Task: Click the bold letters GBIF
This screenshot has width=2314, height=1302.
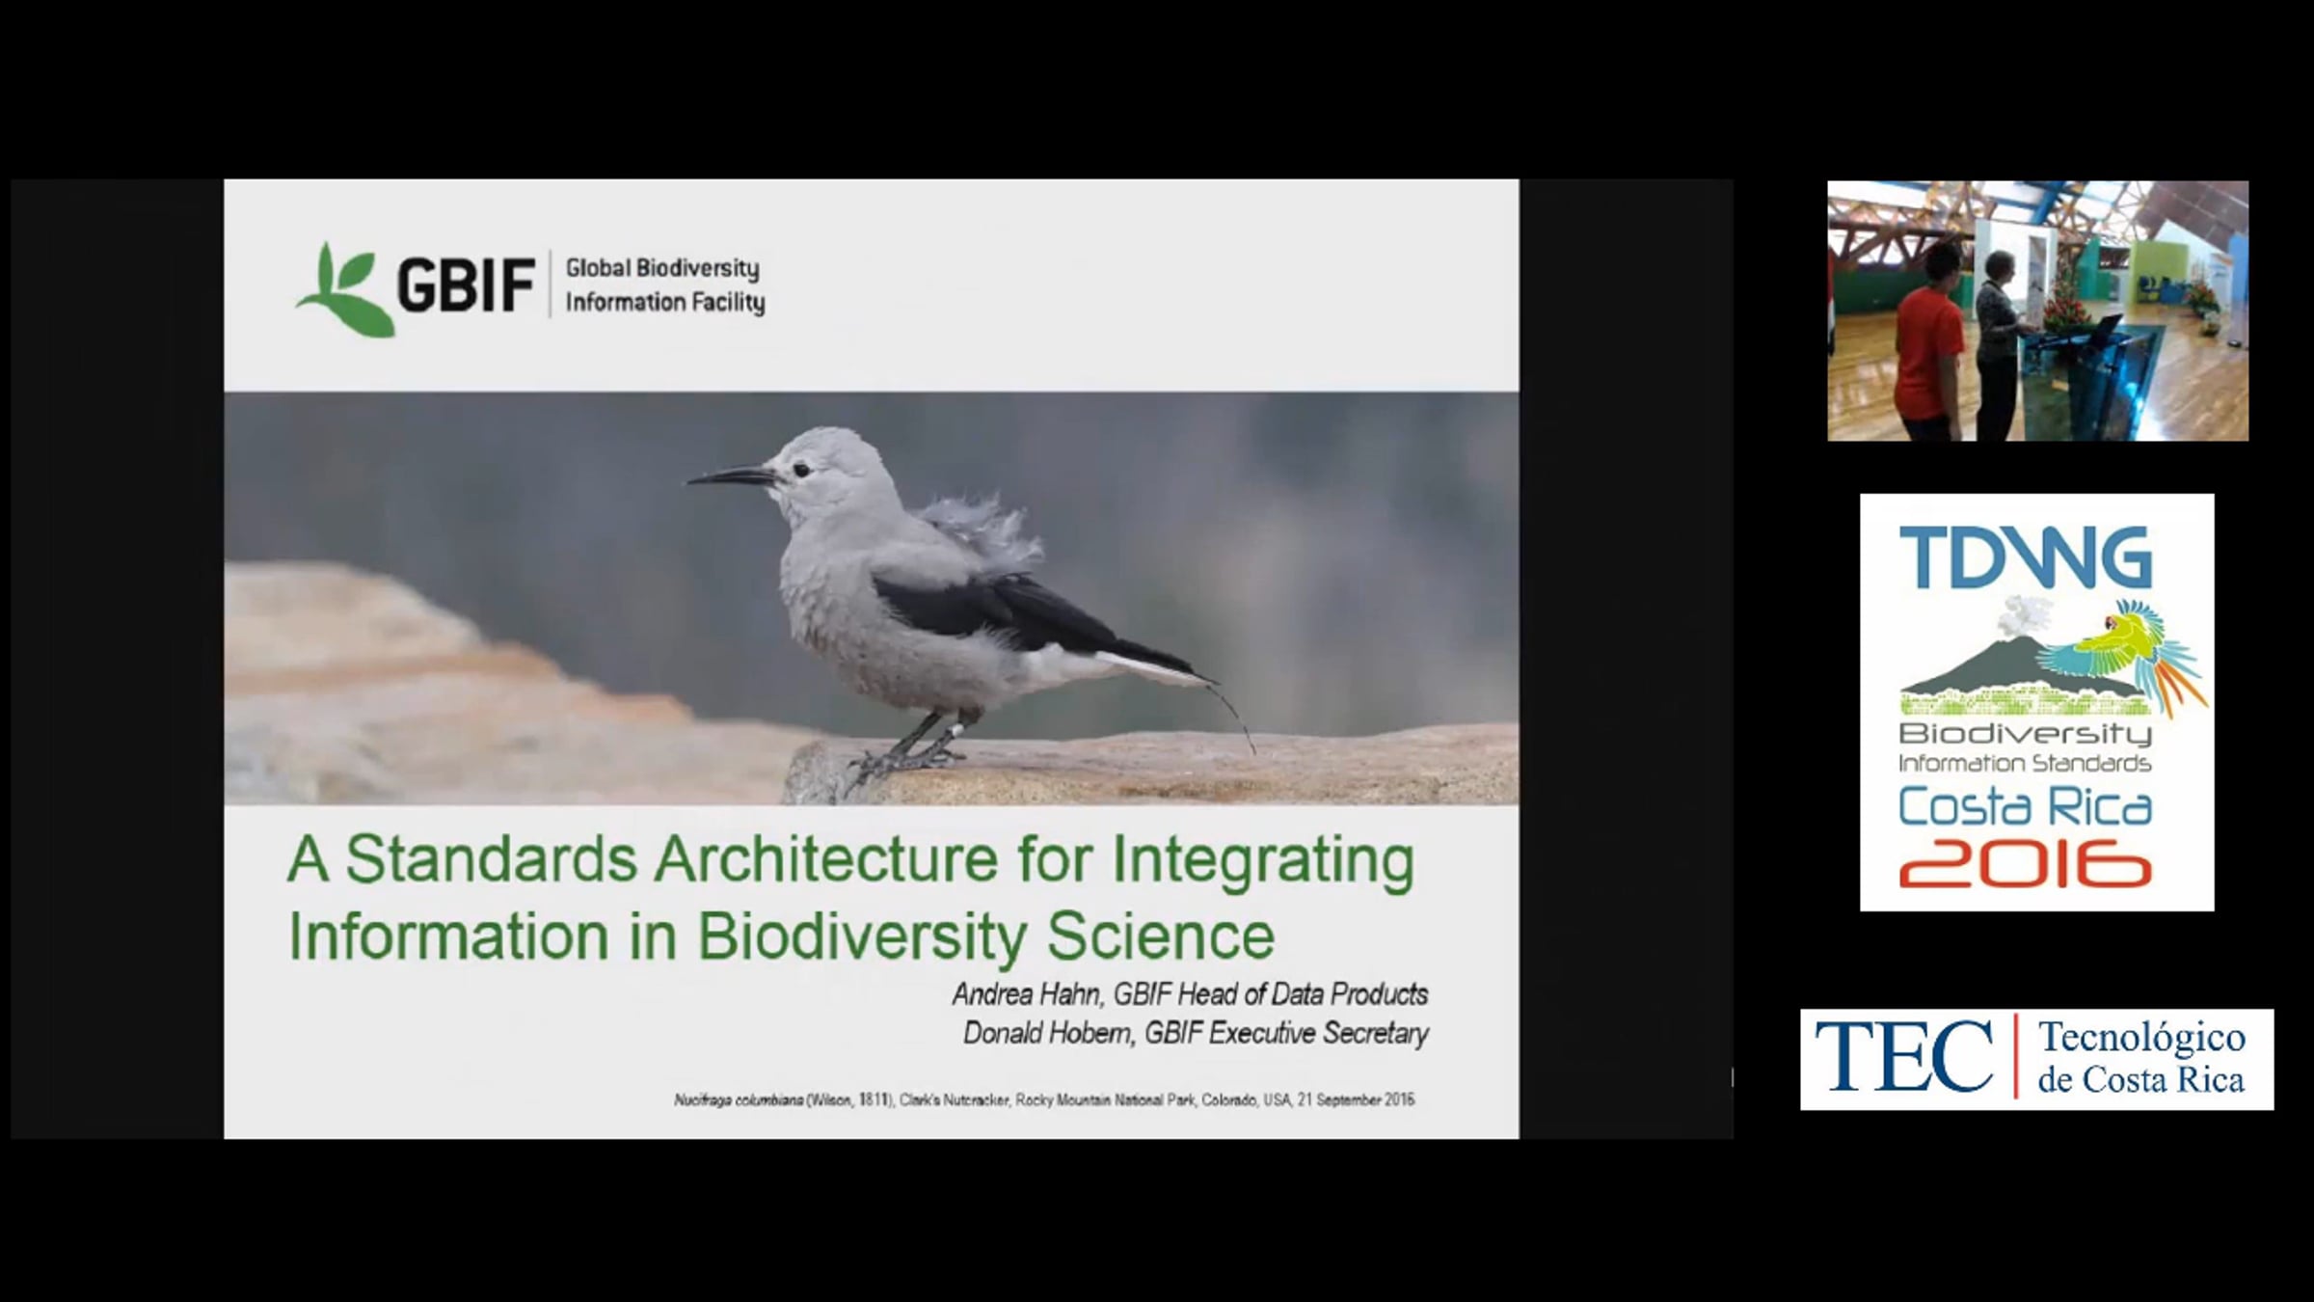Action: pyautogui.click(x=466, y=285)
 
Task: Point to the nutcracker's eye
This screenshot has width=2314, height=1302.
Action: pyautogui.click(x=799, y=470)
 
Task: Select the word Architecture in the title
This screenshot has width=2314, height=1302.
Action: pyautogui.click(x=825, y=859)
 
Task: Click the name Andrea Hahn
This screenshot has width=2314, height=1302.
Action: pyautogui.click(x=1026, y=993)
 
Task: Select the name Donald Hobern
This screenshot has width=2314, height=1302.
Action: pyautogui.click(x=1048, y=1033)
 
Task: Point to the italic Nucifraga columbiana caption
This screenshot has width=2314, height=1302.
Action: pyautogui.click(x=739, y=1100)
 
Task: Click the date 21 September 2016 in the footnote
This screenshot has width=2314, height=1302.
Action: pyautogui.click(x=1356, y=1100)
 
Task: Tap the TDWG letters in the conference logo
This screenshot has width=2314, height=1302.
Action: pyautogui.click(x=2026, y=557)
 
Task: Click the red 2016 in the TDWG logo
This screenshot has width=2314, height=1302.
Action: pyautogui.click(x=2026, y=863)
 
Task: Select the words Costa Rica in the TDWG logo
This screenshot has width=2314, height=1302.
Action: pyautogui.click(x=2026, y=807)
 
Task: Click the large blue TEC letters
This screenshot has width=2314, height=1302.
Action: pyautogui.click(x=1903, y=1057)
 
